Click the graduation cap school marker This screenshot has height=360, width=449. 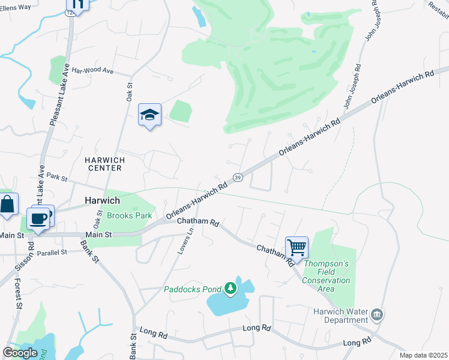click(x=149, y=115)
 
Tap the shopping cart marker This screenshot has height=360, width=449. click(x=297, y=247)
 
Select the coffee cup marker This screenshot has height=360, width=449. click(x=38, y=218)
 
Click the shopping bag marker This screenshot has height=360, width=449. click(x=8, y=205)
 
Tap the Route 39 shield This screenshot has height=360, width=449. click(x=238, y=178)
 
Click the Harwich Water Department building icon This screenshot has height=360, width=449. click(x=377, y=314)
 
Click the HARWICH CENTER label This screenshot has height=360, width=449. click(x=104, y=164)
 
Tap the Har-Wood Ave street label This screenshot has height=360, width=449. click(x=92, y=71)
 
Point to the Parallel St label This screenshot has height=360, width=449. click(x=50, y=253)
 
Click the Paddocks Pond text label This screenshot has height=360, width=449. click(x=193, y=289)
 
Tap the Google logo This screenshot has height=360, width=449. click(x=20, y=353)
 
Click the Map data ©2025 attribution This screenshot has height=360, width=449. click(x=423, y=355)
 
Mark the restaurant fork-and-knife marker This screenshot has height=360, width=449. click(x=77, y=3)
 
